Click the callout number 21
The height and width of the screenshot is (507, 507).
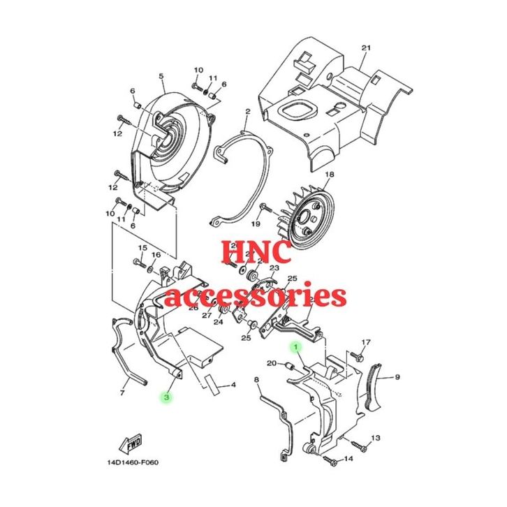click(365, 47)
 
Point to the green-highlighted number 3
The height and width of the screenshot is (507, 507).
click(166, 397)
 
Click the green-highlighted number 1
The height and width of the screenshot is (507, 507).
click(295, 346)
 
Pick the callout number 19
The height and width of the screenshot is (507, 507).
click(256, 223)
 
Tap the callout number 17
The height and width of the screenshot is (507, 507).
click(365, 342)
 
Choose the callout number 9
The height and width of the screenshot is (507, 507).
click(397, 377)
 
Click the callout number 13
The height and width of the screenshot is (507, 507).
click(375, 438)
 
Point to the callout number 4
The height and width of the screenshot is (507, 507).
click(233, 385)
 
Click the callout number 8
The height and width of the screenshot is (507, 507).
click(257, 379)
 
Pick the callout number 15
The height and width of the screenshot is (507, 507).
click(142, 248)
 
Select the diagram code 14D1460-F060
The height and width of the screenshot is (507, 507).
click(133, 461)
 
